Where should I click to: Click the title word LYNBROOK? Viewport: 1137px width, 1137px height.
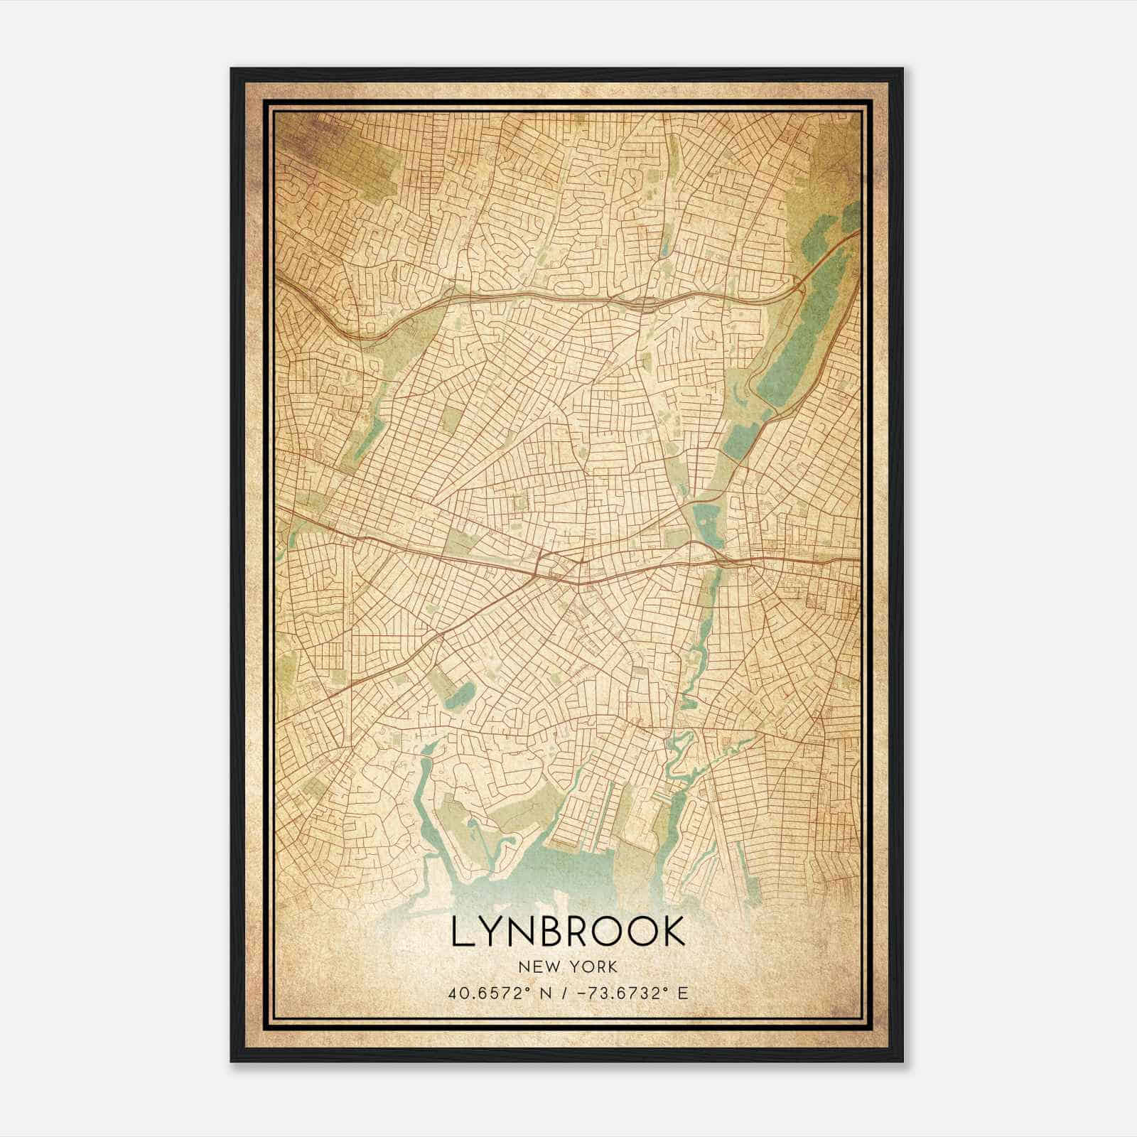[568, 932]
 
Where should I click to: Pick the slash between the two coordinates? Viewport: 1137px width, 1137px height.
[566, 993]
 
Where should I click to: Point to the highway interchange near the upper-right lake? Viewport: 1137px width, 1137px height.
[799, 285]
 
